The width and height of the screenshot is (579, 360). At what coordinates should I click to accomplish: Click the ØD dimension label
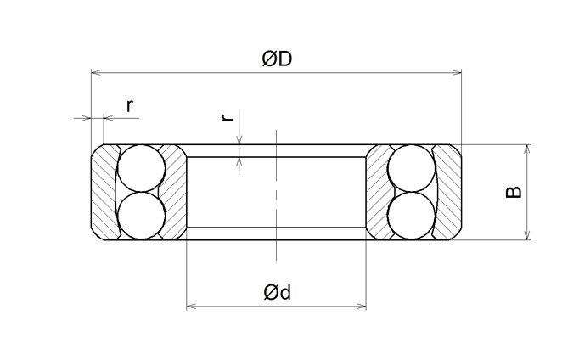[277, 59]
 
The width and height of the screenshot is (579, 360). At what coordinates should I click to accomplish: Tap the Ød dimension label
[278, 292]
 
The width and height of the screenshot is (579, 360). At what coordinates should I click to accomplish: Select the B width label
[514, 192]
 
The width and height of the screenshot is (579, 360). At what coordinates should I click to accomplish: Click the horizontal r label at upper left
[129, 106]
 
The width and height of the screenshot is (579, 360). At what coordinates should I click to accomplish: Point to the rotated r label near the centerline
[228, 117]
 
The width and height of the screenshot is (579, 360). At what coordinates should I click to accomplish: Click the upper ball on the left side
[142, 168]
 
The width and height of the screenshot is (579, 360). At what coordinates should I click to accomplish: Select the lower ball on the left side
[142, 216]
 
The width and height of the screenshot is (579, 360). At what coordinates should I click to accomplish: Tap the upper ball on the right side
[412, 168]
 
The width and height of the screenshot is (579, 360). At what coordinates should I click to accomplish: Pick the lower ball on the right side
[412, 216]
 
